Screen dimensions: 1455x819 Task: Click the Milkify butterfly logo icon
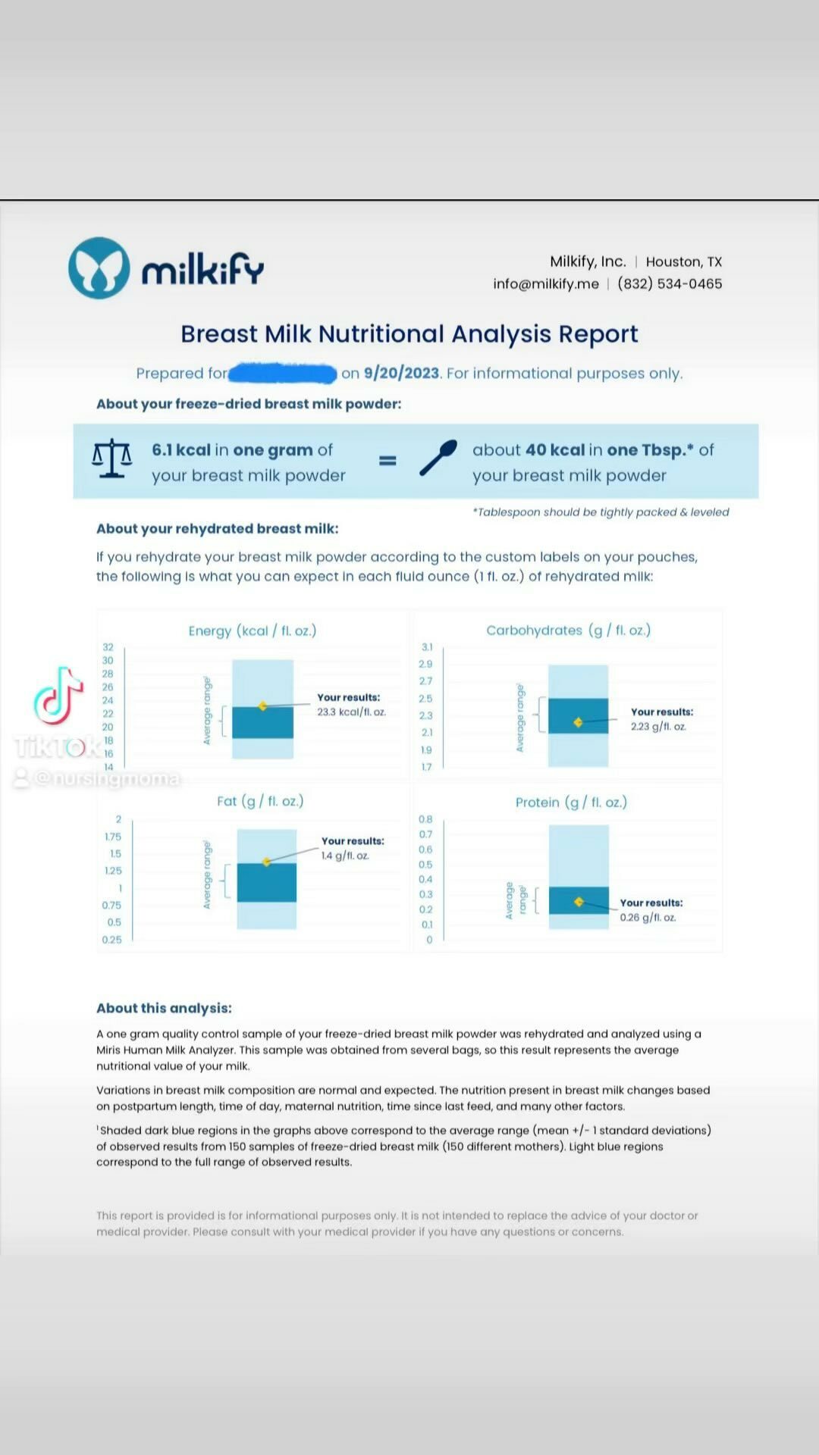point(99,268)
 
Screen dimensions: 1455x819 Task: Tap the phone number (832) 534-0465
point(670,283)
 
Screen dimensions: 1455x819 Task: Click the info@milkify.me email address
point(545,283)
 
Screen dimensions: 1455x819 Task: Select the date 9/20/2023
point(401,373)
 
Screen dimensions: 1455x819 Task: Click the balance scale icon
point(111,458)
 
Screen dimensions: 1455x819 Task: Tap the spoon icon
point(438,458)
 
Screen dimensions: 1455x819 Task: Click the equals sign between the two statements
point(388,460)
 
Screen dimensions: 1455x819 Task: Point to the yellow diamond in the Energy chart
point(263,706)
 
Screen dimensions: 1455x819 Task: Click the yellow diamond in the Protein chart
point(579,902)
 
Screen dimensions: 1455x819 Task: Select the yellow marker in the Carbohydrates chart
point(578,722)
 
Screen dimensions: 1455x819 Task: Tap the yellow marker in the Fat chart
point(267,862)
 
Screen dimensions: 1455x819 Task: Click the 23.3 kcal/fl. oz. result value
point(351,712)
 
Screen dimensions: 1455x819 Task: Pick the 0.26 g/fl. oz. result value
point(648,918)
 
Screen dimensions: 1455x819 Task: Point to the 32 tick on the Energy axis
point(108,647)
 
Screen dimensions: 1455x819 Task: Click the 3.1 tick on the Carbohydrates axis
point(427,647)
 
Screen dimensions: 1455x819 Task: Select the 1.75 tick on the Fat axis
point(113,837)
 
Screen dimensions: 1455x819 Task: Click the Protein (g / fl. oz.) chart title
point(571,802)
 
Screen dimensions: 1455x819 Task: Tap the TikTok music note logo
point(58,696)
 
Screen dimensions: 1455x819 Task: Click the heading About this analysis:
point(164,1008)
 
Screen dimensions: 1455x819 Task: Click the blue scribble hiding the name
point(282,373)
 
